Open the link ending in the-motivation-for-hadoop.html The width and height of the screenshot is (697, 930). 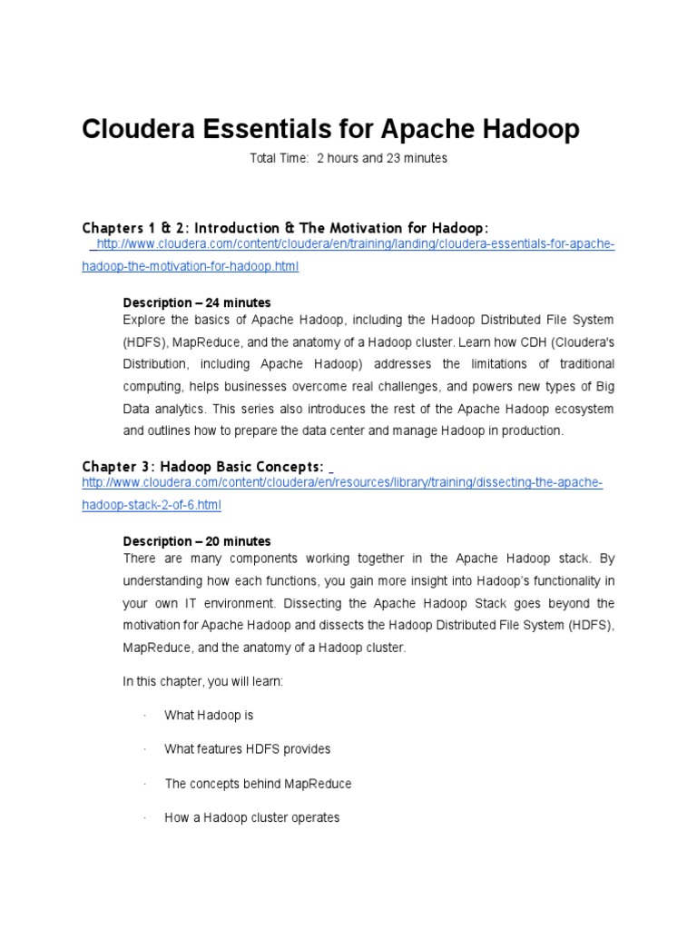point(191,266)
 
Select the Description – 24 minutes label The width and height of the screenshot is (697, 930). point(196,302)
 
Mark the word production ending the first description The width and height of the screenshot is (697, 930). point(533,430)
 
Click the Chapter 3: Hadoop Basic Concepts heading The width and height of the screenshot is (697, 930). point(202,466)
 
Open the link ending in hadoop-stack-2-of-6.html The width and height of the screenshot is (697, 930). point(152,505)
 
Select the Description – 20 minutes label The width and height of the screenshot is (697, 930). point(196,541)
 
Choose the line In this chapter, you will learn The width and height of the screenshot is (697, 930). point(202,681)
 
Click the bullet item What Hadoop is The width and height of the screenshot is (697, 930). point(209,716)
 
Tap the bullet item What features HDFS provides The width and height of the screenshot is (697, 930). point(247,749)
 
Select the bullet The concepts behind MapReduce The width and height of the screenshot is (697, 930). point(258,783)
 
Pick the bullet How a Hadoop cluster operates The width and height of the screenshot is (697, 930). point(251,817)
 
